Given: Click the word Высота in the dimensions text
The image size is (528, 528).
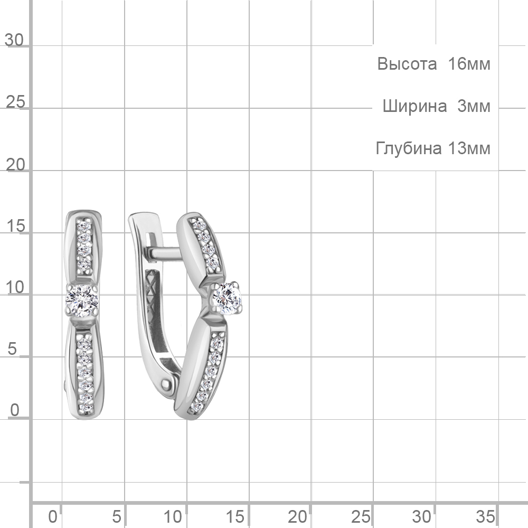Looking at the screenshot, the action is point(407,64).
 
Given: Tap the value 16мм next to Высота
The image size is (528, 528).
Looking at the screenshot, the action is point(469,64).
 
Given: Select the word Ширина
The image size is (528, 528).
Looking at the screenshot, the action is point(414,106).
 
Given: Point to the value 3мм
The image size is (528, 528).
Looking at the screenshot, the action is point(474,106).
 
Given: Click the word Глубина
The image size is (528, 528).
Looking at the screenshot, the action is point(409,148).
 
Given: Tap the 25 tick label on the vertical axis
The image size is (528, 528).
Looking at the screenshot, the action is point(15,102).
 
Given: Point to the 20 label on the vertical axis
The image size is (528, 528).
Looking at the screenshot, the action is point(15,165).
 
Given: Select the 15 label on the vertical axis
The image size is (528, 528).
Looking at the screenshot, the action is point(15,226).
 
